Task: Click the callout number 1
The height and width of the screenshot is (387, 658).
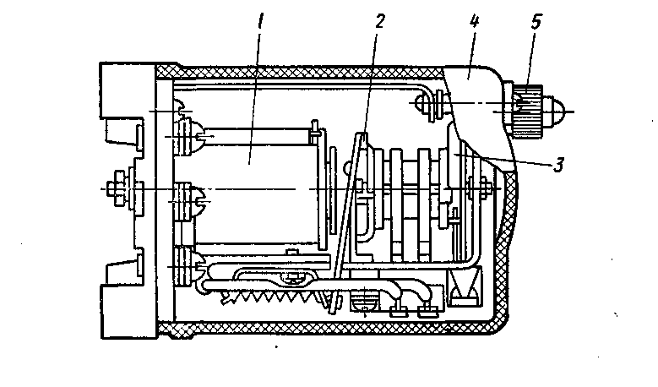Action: (261, 20)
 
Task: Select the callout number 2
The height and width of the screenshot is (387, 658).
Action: (379, 21)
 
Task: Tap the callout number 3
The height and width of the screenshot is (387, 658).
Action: (558, 165)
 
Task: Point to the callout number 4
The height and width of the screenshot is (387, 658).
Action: (474, 21)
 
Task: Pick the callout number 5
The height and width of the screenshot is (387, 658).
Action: (536, 21)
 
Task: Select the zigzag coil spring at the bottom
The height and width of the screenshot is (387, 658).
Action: (273, 298)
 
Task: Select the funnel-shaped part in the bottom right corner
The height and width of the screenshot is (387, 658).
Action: (465, 286)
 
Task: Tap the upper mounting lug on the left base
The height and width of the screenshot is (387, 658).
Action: (124, 132)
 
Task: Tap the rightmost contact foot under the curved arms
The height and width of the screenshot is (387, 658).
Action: (428, 311)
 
